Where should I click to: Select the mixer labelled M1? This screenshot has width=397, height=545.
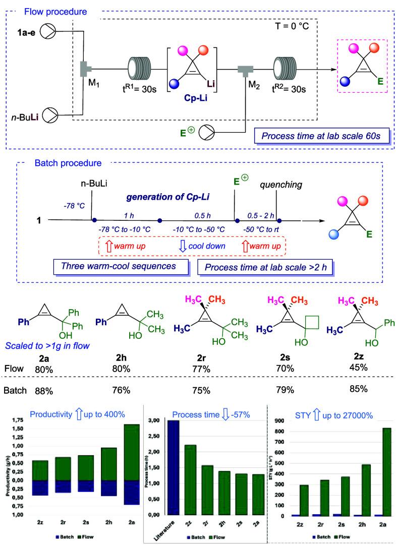(83, 69)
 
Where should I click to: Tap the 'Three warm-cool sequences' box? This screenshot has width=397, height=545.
(120, 265)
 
